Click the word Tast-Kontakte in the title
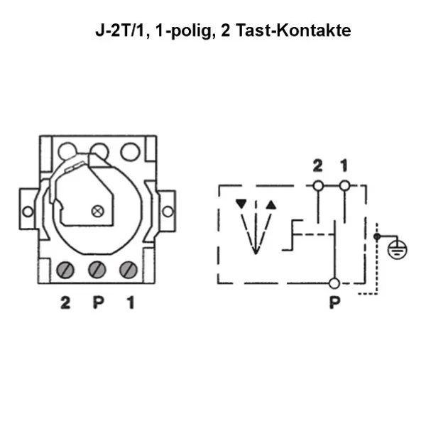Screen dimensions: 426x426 [293, 31]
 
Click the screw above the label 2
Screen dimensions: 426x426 [65, 270]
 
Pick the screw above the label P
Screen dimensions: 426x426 [97, 270]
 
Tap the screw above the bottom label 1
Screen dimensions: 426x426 [129, 270]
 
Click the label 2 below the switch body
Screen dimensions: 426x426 [65, 302]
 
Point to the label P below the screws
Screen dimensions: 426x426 [99, 302]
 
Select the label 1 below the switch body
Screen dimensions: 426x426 [131, 302]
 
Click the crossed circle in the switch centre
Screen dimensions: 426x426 [98, 211]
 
